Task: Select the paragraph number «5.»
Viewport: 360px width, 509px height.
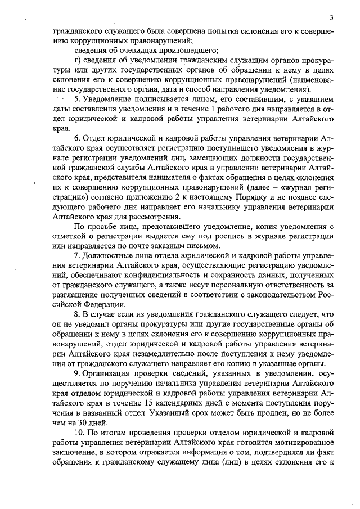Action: coord(78,98)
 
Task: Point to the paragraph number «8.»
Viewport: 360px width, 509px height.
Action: coord(78,313)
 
